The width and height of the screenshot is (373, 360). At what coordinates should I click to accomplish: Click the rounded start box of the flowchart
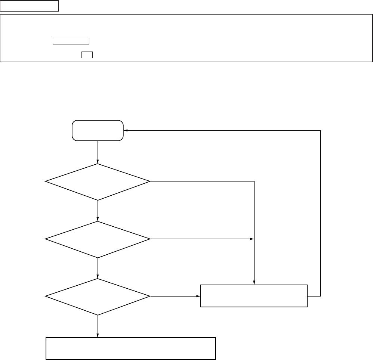tap(98, 130)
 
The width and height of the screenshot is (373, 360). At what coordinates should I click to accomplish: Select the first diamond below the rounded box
tap(98, 182)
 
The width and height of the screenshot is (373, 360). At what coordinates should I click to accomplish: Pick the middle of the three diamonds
tap(98, 239)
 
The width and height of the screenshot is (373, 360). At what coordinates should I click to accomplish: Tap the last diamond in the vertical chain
tap(98, 297)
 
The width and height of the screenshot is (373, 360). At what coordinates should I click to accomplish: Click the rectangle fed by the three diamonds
tap(254, 296)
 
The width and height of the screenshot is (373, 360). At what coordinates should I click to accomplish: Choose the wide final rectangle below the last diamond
tap(131, 348)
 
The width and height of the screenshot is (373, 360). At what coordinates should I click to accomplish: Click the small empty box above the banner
tap(30, 6)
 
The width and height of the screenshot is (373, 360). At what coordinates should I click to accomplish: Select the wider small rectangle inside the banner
tap(71, 41)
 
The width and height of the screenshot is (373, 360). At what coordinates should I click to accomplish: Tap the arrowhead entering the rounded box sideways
tap(126, 130)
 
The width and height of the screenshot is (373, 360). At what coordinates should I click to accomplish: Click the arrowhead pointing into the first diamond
tap(98, 162)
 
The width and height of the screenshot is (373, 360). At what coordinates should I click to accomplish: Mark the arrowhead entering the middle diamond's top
tap(98, 219)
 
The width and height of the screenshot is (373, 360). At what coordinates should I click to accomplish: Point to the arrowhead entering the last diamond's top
tap(98, 277)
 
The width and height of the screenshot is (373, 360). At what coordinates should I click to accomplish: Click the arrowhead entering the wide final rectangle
tap(98, 335)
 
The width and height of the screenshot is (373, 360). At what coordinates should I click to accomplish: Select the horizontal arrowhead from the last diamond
tap(198, 297)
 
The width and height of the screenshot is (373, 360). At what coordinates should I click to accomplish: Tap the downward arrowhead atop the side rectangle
tap(254, 283)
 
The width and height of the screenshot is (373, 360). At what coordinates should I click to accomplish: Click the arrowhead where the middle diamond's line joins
tap(252, 239)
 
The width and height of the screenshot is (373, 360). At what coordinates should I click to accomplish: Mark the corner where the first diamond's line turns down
tap(254, 182)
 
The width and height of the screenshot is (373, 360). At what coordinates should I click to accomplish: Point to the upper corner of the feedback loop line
tap(320, 130)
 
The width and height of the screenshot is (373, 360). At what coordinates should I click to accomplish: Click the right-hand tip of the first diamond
tap(149, 182)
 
